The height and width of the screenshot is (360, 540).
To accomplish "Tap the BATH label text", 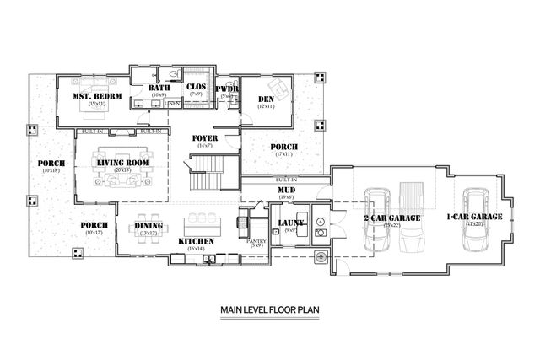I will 159,88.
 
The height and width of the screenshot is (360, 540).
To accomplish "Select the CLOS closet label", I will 196,86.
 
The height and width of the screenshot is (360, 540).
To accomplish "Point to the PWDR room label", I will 226,89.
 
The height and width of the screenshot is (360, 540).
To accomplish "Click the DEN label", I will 267,99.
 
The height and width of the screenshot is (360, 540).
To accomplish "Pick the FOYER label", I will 205,138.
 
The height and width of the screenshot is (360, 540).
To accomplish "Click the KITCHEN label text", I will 196,242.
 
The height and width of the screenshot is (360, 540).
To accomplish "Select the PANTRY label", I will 256,242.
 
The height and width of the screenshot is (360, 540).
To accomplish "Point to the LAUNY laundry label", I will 291,223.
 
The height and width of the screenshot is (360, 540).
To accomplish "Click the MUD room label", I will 286,191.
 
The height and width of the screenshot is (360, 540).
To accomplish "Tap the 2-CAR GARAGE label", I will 392,218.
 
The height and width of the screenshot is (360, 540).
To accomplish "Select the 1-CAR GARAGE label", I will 474,217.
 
